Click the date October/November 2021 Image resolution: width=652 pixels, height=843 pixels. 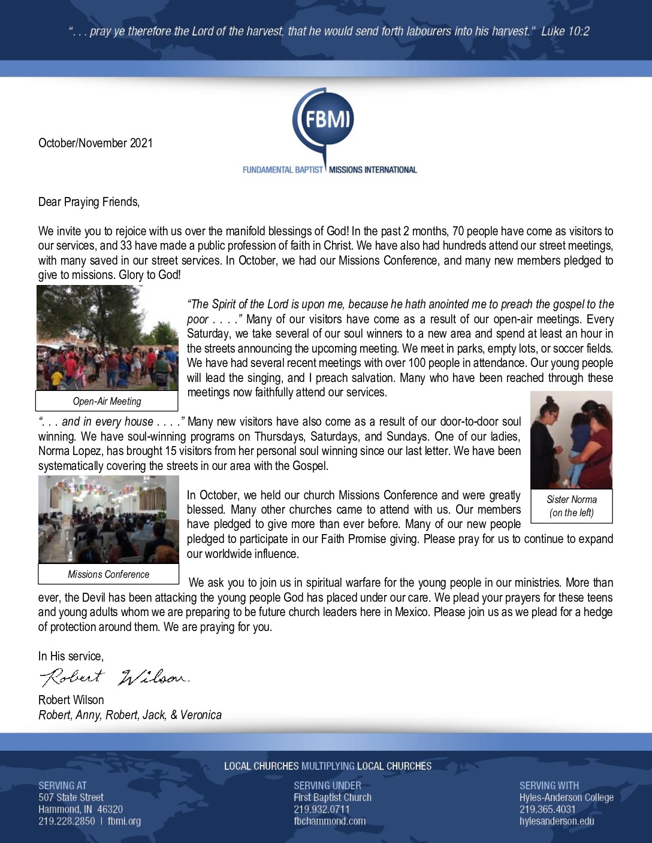[95, 143]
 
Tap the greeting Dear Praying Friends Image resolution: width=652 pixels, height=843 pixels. [89, 202]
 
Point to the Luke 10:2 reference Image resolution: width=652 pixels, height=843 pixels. [565, 31]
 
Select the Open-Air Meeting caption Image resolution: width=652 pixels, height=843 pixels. [107, 401]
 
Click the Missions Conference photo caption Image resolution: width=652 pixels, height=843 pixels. [108, 574]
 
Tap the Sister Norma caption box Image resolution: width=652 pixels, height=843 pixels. [572, 506]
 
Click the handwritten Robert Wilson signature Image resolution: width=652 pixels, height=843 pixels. [114, 677]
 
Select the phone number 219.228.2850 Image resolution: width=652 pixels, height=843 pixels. [67, 821]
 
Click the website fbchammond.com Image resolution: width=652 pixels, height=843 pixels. [330, 821]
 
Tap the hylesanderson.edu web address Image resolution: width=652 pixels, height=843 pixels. [557, 821]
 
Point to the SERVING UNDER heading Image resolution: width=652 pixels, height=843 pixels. [327, 786]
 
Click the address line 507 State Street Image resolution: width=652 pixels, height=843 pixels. [71, 797]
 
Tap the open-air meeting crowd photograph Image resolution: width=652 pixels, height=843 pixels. [107, 338]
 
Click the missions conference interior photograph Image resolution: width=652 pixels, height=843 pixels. [108, 519]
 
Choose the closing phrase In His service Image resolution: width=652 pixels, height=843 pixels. [71, 656]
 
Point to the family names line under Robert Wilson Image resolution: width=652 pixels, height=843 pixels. [130, 715]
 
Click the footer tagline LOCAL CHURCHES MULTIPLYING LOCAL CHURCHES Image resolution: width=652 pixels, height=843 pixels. [328, 766]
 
